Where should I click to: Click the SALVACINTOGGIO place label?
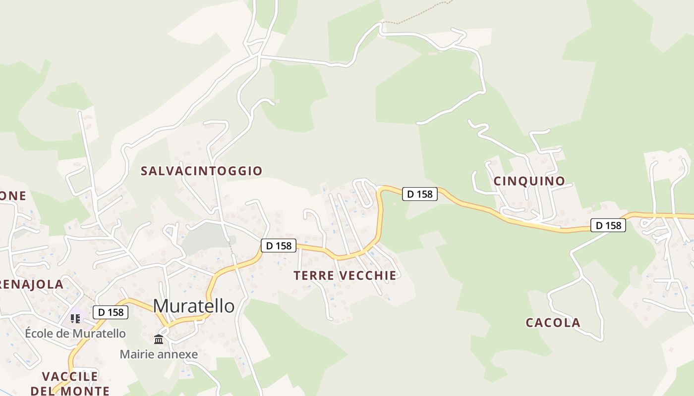[x=201, y=171]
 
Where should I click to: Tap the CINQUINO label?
[x=529, y=181]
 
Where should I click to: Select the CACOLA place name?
[x=553, y=323]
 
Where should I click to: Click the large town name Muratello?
[x=194, y=306]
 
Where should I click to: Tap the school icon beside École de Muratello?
[x=75, y=318]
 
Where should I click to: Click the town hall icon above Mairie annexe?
[x=159, y=339]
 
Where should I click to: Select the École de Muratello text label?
[x=75, y=334]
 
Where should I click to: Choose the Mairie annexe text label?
[x=159, y=354]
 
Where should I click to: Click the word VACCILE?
[x=70, y=376]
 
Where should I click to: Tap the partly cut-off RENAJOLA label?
[x=32, y=285]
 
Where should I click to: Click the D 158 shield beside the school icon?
[x=111, y=312]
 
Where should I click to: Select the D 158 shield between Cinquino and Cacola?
[x=608, y=226]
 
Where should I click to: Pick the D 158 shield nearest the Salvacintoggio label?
[x=279, y=245]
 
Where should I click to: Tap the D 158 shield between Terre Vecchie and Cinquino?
[x=419, y=194]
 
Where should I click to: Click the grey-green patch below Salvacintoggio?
[x=201, y=240]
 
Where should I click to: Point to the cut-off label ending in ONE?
[x=13, y=196]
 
